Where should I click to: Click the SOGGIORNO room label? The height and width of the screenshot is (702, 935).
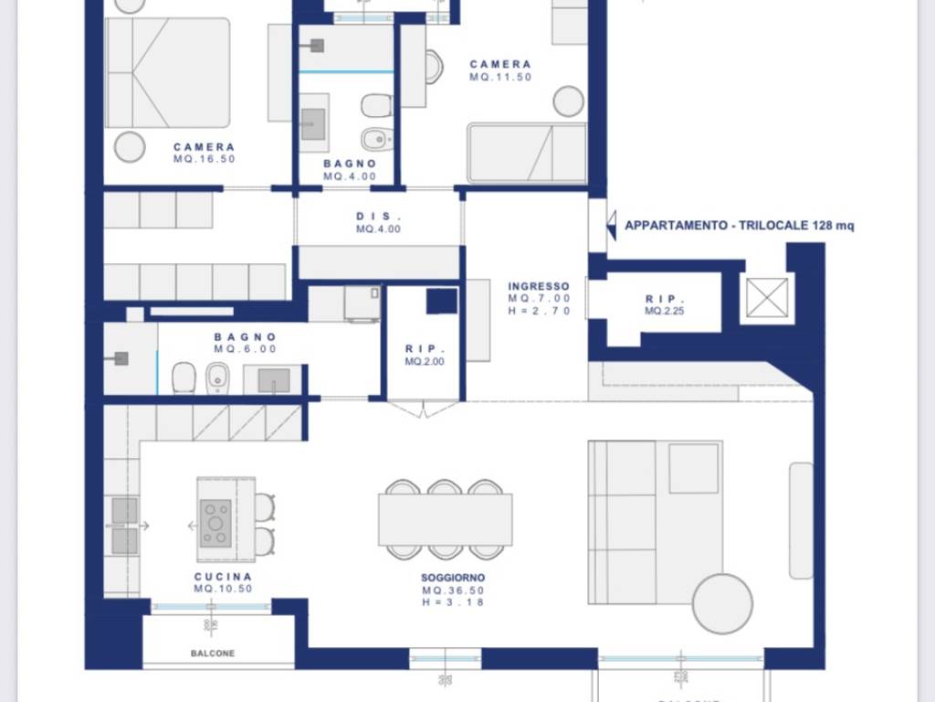453,578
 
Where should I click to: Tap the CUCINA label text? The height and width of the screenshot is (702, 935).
223,577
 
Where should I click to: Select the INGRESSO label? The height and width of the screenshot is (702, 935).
539,286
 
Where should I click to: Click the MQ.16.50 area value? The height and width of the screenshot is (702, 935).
205,159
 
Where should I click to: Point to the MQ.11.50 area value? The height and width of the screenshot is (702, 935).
500,77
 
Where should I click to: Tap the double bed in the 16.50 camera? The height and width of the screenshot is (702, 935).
167,73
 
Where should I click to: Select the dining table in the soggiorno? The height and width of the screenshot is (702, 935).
446,519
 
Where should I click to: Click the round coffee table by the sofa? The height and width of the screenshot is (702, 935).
723,603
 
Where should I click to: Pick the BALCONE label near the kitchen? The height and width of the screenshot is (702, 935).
213,654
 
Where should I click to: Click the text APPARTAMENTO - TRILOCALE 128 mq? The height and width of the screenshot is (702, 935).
740,226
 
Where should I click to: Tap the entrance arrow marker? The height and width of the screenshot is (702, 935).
611,225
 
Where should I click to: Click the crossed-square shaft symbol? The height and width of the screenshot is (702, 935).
767,297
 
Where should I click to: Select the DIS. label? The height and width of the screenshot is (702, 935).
379,216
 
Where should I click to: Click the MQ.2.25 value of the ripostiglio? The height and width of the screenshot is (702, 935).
665,311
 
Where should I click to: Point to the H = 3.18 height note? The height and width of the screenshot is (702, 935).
453,602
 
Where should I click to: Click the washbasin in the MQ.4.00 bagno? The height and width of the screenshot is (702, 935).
314,123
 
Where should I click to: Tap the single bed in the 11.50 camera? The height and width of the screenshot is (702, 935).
527,153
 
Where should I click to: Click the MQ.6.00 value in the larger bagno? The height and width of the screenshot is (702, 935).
245,349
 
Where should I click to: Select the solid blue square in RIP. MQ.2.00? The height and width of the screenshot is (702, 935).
442,301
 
